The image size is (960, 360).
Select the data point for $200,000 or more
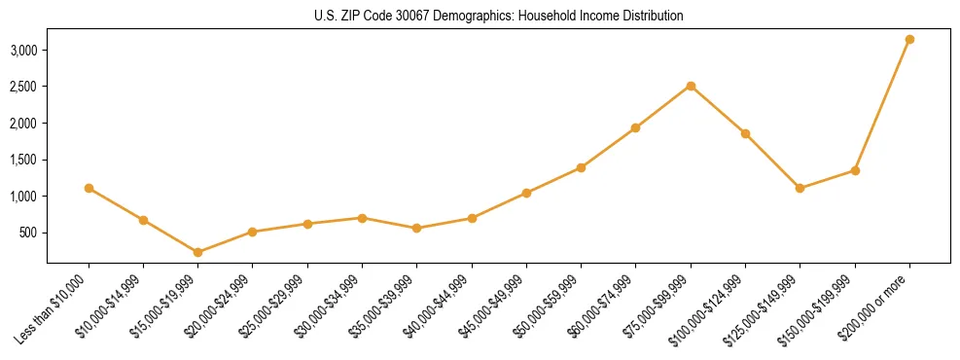[x=909, y=39]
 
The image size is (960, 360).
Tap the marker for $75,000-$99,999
[x=691, y=86]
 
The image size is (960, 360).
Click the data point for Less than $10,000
[x=89, y=188]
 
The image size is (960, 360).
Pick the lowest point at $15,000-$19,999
[x=198, y=252]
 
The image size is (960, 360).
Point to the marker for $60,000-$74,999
[x=636, y=127]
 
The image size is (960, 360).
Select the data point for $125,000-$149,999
[x=800, y=188]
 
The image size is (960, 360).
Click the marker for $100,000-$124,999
[x=745, y=133]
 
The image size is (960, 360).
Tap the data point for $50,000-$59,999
[x=581, y=167]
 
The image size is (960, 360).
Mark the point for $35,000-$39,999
[x=417, y=228]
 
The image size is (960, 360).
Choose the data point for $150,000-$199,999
[x=855, y=170]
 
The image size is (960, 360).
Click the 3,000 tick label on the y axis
[x=24, y=50]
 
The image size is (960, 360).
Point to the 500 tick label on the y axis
[x=29, y=233]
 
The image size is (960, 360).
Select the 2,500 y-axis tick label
[x=24, y=87]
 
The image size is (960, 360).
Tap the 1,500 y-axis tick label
[x=24, y=160]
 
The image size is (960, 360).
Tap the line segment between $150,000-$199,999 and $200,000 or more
[x=882, y=105]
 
